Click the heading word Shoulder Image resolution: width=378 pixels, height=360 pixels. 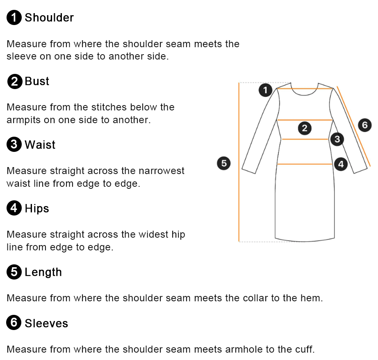pos(49,17)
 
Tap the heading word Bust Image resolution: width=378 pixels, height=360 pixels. pos(37,81)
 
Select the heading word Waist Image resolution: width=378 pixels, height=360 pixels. pos(40,144)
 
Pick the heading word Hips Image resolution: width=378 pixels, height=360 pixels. pos(37,209)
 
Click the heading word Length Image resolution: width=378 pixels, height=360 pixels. pos(43,272)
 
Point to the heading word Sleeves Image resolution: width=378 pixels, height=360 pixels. pos(46,323)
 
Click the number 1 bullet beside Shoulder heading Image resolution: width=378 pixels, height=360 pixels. pos(14,17)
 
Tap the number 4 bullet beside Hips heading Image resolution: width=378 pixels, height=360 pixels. pos(14,208)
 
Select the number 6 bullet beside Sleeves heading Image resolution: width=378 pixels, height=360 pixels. pos(14,322)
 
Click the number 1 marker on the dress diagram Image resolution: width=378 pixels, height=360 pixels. pos(265,90)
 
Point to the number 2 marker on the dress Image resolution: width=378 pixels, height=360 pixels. pos(305,128)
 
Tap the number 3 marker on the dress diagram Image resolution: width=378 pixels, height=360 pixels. pos(337,139)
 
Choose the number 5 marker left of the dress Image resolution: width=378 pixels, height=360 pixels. pos(224,163)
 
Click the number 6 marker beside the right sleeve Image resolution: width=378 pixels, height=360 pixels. pos(364,125)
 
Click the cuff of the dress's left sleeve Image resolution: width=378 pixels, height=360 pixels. pos(248,170)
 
